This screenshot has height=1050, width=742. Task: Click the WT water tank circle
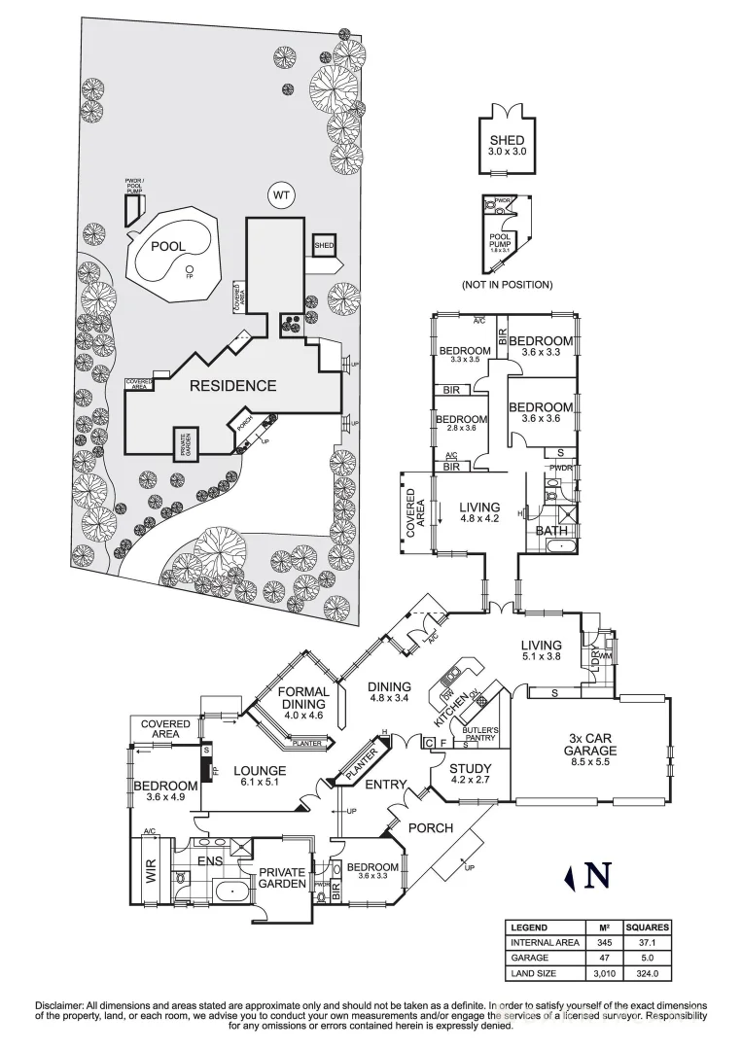click(x=281, y=195)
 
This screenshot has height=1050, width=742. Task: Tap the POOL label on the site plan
click(x=167, y=248)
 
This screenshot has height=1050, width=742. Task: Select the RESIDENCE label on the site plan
click(x=232, y=385)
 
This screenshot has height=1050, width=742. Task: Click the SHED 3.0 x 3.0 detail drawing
click(x=507, y=146)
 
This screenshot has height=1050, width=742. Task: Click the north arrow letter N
click(x=598, y=877)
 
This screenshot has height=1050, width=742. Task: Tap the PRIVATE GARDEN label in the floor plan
click(x=282, y=878)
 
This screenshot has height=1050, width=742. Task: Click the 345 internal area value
click(x=604, y=942)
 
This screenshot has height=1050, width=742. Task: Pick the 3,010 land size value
click(x=604, y=971)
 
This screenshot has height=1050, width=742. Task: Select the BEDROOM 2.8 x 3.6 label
click(x=463, y=425)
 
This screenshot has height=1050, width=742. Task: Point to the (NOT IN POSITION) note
click(x=507, y=285)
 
